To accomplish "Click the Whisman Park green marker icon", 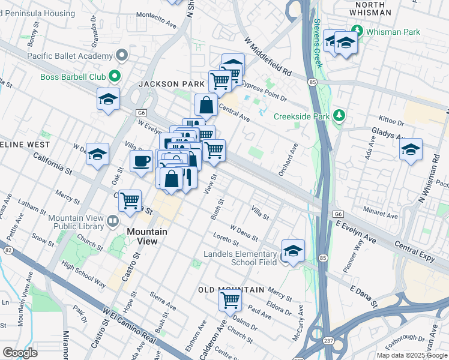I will [x=358, y=30].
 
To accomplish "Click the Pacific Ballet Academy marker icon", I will [x=122, y=56].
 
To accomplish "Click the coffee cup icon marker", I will [x=141, y=161].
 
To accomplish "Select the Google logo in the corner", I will [x=20, y=353].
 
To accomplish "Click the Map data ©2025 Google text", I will [x=411, y=355].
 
